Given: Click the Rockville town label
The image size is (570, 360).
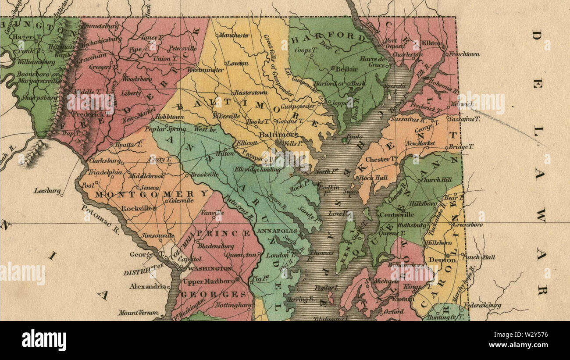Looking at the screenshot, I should [137, 209].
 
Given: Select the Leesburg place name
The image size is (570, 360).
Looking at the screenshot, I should [47, 191].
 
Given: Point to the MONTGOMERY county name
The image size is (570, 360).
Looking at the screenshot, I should [152, 194].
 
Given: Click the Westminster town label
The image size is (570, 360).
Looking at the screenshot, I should [202, 70].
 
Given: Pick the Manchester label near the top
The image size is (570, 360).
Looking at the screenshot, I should [234, 35].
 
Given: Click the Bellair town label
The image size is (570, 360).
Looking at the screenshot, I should [347, 69].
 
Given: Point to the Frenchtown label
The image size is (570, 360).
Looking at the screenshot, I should [463, 54].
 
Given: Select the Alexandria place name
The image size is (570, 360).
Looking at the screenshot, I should [147, 286].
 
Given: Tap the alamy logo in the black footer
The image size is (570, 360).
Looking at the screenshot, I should [44, 340].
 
